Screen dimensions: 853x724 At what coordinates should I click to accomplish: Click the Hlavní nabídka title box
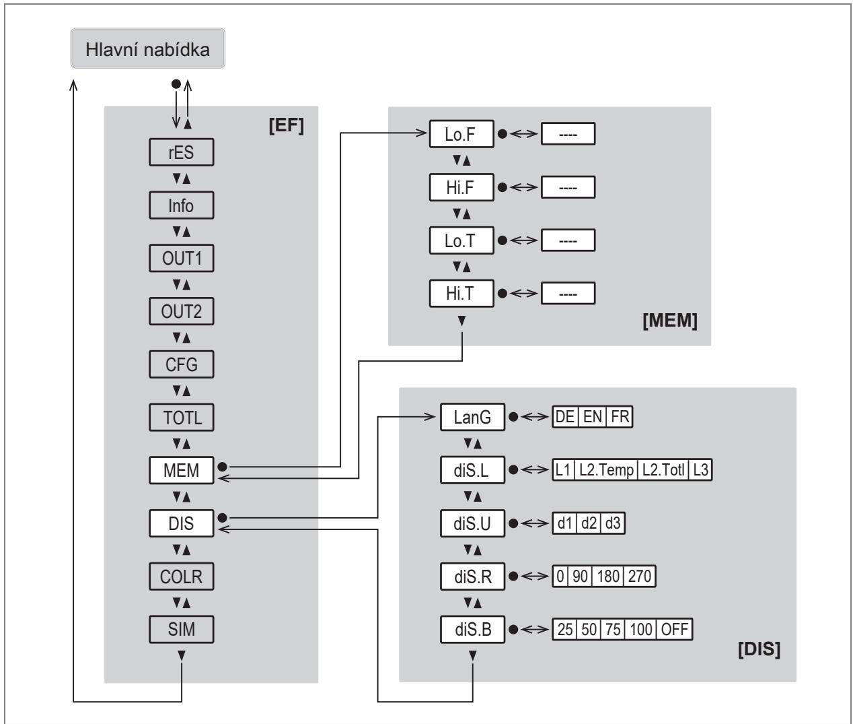click(x=148, y=48)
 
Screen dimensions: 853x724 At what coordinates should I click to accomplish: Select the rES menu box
click(x=182, y=152)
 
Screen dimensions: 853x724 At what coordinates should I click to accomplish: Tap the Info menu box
click(x=182, y=205)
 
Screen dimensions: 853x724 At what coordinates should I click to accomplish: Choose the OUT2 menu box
click(x=182, y=311)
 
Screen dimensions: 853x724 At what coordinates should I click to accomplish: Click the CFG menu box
click(x=182, y=364)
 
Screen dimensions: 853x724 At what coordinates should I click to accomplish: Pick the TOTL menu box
click(x=182, y=418)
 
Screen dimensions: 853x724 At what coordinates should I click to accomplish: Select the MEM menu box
click(x=182, y=470)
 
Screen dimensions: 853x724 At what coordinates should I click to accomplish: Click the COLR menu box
click(x=182, y=577)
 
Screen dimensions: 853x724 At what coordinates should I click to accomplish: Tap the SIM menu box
click(x=182, y=629)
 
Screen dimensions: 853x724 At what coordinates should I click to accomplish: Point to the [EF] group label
click(x=286, y=125)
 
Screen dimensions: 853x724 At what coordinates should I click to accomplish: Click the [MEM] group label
click(x=670, y=321)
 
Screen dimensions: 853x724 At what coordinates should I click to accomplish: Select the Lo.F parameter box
click(x=461, y=134)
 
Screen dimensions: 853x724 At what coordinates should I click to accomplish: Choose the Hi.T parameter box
click(x=461, y=294)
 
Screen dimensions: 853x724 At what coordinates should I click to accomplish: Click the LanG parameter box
click(x=472, y=417)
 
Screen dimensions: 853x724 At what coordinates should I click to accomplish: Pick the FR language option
click(x=620, y=416)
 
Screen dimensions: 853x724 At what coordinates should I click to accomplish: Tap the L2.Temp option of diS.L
click(x=606, y=470)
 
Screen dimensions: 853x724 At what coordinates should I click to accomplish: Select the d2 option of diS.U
click(x=589, y=523)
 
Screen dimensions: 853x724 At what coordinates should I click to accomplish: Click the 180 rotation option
click(x=608, y=576)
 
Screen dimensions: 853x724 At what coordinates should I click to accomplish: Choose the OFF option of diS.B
click(x=674, y=629)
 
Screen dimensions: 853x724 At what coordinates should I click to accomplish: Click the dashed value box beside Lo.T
click(x=568, y=240)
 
